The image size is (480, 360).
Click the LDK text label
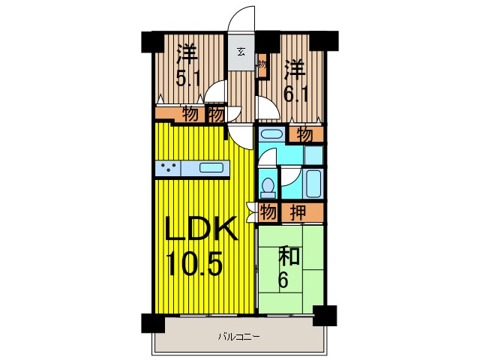tap(201, 229)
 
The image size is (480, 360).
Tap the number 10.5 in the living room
tap(194, 263)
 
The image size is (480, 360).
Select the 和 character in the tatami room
tap(289, 256)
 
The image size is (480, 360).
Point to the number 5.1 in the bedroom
tap(187, 78)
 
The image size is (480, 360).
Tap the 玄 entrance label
tap(241, 52)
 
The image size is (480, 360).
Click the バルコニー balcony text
tap(239, 337)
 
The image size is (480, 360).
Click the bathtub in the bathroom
tap(313, 184)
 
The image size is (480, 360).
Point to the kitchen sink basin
tap(211, 168)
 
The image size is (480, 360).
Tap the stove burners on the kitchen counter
tap(169, 168)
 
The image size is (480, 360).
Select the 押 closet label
tap(298, 212)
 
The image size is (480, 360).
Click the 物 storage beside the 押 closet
tap(268, 212)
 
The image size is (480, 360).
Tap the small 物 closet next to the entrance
tap(262, 65)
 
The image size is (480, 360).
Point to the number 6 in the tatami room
tap(283, 280)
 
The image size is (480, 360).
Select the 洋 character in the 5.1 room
tap(187, 54)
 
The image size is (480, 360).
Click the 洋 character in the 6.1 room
tap(295, 70)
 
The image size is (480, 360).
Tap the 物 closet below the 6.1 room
tap(305, 135)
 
